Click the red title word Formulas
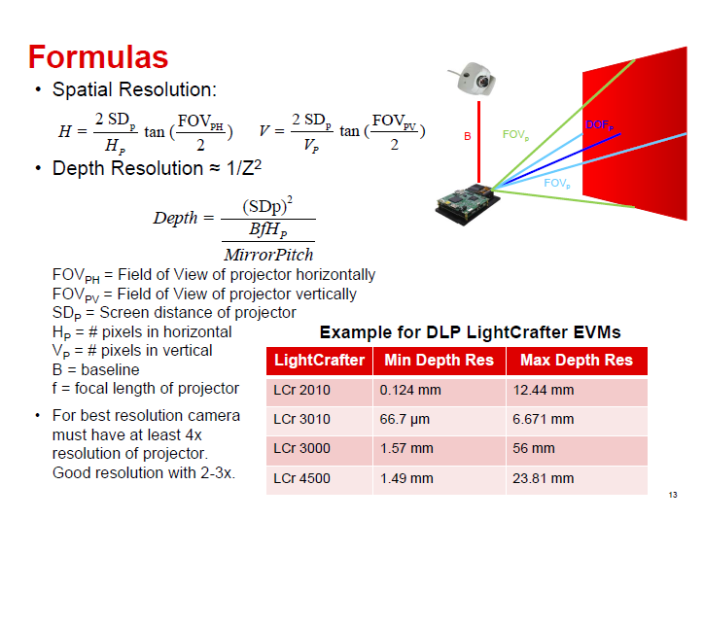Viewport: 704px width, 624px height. click(x=97, y=56)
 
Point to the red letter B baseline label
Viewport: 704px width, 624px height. click(x=467, y=136)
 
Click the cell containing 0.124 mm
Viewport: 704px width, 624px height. click(x=439, y=391)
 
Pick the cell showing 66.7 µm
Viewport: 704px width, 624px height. click(x=439, y=420)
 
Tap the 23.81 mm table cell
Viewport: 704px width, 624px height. click(x=577, y=478)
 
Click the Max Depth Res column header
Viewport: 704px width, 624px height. click(x=577, y=361)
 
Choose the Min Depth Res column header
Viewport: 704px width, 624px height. click(x=439, y=361)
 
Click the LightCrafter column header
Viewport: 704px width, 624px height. click(x=319, y=361)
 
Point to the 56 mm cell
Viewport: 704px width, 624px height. click(x=577, y=449)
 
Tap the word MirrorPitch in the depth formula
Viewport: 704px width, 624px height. click(x=268, y=255)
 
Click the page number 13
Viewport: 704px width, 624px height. click(x=672, y=497)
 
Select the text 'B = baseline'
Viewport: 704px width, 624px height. click(x=95, y=369)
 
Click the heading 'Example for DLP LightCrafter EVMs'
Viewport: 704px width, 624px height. click(x=470, y=332)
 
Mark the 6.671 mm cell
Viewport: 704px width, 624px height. click(x=577, y=420)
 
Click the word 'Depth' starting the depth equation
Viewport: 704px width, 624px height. click(x=175, y=219)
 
